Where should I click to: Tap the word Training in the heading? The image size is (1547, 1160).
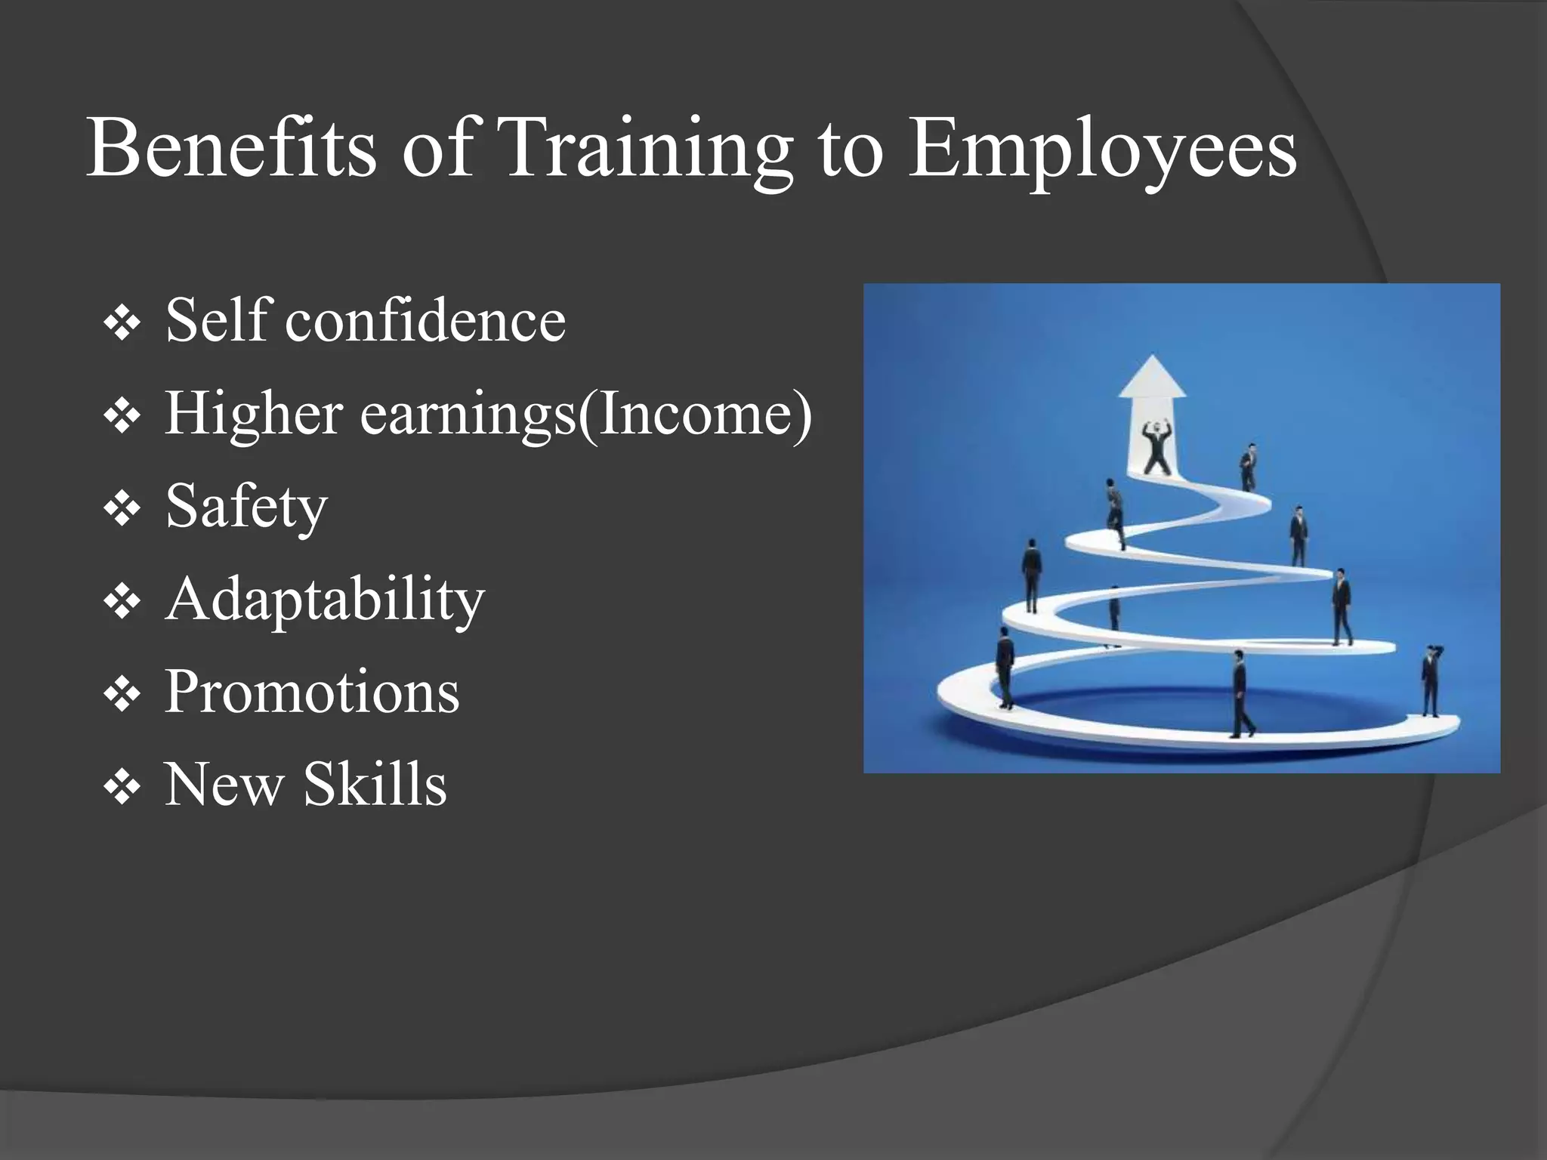(x=646, y=150)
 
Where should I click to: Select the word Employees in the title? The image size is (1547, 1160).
(x=1102, y=150)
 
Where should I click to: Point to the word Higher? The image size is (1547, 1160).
(x=254, y=415)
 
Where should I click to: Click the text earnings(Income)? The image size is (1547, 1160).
(x=585, y=415)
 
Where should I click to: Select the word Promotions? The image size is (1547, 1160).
(x=311, y=691)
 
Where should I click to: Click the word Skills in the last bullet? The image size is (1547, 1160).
(x=375, y=784)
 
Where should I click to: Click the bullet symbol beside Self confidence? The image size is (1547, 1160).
(x=122, y=325)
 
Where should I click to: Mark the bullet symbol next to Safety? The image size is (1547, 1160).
(x=122, y=511)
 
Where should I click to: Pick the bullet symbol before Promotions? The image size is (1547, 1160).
(x=122, y=696)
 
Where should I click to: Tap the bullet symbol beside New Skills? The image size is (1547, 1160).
(x=122, y=788)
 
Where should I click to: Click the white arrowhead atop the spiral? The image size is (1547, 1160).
(x=1152, y=377)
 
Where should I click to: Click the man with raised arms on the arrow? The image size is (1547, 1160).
(x=1157, y=448)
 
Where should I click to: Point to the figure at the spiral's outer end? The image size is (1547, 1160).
(x=1431, y=680)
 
